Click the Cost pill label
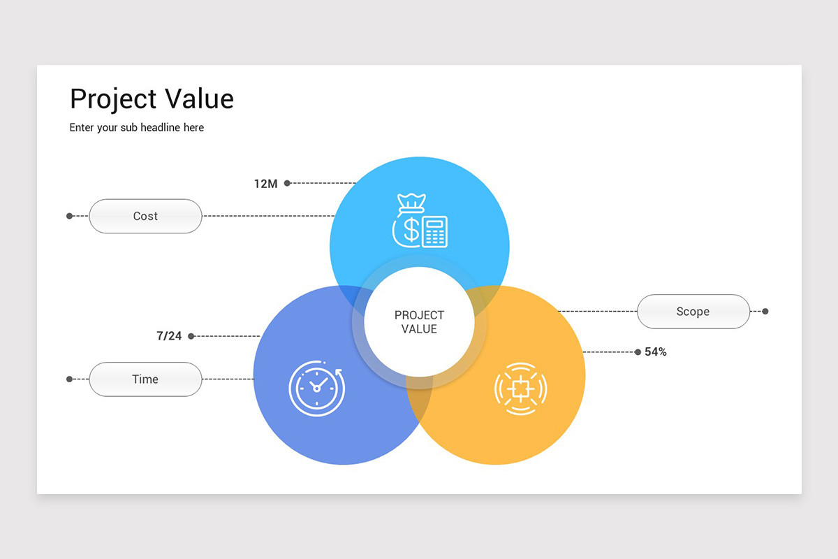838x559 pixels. pyautogui.click(x=145, y=217)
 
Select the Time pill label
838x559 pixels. pyautogui.click(x=145, y=379)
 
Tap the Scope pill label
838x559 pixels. pyautogui.click(x=693, y=312)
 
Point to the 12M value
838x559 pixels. pyautogui.click(x=265, y=184)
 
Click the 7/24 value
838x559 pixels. pyautogui.click(x=169, y=336)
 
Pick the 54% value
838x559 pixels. pyautogui.click(x=656, y=352)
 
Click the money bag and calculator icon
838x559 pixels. pyautogui.click(x=420, y=221)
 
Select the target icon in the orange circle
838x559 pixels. pyautogui.click(x=520, y=388)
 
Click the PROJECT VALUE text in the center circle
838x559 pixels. pyautogui.click(x=419, y=322)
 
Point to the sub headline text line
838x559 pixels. pyautogui.click(x=137, y=128)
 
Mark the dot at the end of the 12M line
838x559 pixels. pyautogui.click(x=287, y=183)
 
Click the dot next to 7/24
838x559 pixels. pyautogui.click(x=191, y=336)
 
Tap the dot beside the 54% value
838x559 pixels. pyautogui.click(x=638, y=352)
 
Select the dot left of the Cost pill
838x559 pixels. pyautogui.click(x=69, y=216)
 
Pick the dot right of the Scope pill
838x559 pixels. pyautogui.click(x=765, y=312)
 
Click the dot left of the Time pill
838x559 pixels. pyautogui.click(x=69, y=379)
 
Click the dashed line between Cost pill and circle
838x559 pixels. pyautogui.click(x=269, y=216)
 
